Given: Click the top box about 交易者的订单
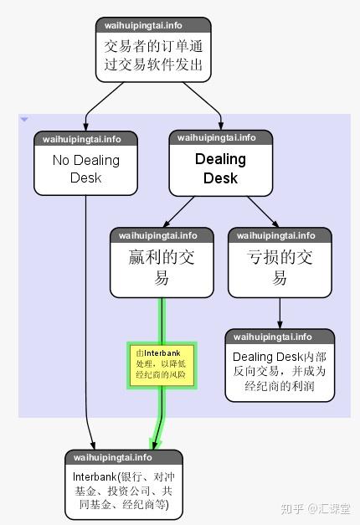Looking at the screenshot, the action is [x=153, y=49].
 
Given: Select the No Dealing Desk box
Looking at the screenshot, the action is [x=85, y=163].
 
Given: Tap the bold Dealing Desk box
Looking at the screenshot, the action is [x=221, y=162].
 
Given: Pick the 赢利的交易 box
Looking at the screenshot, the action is [x=162, y=263].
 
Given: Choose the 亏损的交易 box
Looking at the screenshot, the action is [x=280, y=263].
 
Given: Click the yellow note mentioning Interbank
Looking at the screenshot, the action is [x=162, y=366].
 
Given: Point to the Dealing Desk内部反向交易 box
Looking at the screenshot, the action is [x=280, y=365].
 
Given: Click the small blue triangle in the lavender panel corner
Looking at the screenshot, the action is [x=24, y=119].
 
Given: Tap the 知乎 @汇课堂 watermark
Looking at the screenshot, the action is [x=315, y=508].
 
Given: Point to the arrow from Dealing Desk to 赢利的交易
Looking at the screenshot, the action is [x=178, y=212].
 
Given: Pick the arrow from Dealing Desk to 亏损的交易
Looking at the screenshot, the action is [x=263, y=212].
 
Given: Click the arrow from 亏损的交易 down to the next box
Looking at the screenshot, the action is [x=280, y=313].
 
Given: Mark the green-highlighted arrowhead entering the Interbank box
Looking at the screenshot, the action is [x=155, y=445].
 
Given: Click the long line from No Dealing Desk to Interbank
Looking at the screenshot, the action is [x=86, y=322].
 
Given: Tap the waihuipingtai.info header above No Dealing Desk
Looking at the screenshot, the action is [x=82, y=139].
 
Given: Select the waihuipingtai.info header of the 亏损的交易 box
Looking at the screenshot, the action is [x=276, y=236].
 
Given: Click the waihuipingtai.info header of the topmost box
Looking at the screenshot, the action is [x=143, y=25].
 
